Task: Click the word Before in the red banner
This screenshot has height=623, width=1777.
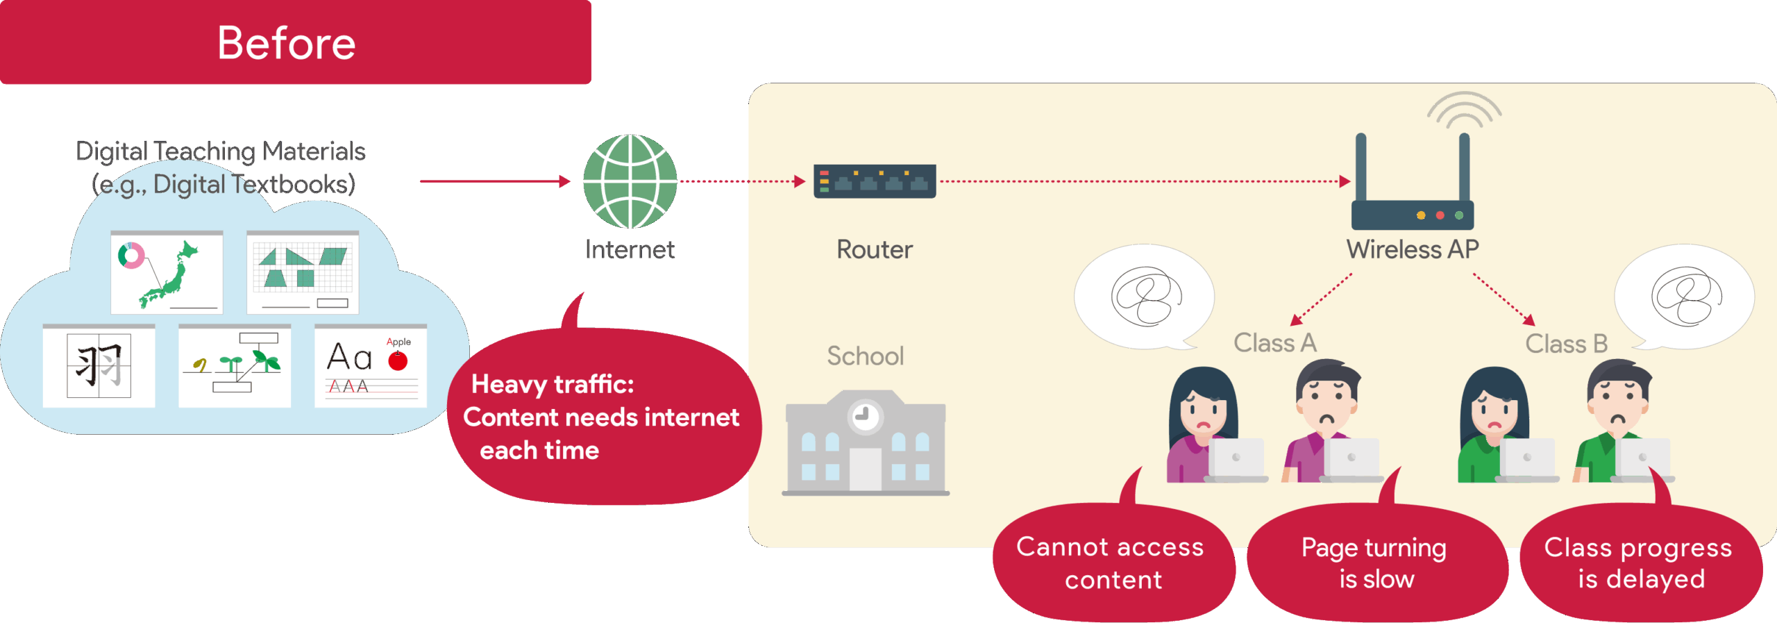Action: pos(286,43)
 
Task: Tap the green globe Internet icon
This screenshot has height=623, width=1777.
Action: pos(630,181)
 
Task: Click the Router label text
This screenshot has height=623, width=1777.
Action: pos(874,249)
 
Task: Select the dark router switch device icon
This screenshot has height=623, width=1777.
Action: pos(875,182)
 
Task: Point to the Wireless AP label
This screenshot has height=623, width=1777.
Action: pos(1413,249)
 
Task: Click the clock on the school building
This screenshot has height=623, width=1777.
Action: pos(865,416)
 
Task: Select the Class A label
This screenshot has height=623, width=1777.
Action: pos(1274,343)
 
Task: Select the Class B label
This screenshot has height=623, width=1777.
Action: pos(1566,344)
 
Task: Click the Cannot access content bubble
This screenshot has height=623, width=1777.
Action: pos(1111,563)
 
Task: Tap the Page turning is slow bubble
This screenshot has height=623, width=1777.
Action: pos(1375,563)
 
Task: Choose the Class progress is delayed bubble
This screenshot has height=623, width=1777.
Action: pos(1639,563)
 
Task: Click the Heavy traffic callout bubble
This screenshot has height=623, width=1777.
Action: pos(600,417)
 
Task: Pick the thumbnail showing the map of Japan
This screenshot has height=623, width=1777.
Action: pos(167,272)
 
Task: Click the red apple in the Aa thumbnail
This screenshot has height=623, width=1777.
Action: pos(398,360)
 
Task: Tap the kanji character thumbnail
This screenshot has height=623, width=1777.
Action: pos(99,366)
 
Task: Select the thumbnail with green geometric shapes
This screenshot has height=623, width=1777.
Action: pos(303,272)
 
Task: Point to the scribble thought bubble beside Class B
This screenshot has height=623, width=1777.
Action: pos(1685,297)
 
